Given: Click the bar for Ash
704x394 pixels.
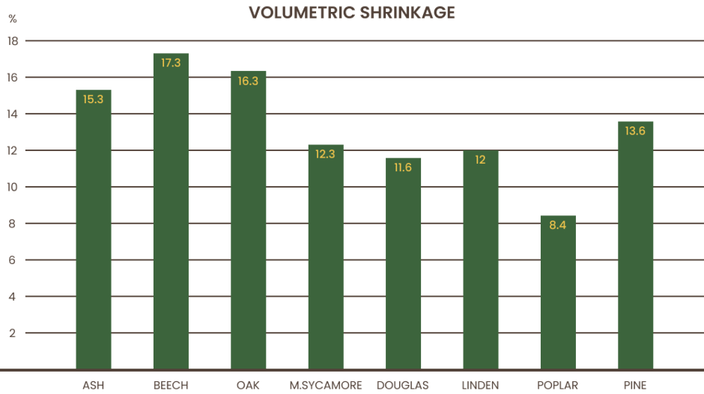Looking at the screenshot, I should coord(94,232).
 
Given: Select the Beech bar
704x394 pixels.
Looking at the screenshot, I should coord(171,217).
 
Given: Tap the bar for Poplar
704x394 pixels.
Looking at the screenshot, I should coord(558,295).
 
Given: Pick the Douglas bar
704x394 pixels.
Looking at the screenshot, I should coord(403,265).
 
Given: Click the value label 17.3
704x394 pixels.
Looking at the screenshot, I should coord(171,63).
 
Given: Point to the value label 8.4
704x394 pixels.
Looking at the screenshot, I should coord(558,224).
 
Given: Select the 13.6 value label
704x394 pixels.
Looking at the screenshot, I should coord(635,131).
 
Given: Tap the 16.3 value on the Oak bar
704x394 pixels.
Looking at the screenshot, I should coord(248,81).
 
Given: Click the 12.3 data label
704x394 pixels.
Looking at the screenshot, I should coord(326,154).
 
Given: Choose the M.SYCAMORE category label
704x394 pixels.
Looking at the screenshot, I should coord(326,385).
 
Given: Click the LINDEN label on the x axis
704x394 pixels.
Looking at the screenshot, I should coord(480,385).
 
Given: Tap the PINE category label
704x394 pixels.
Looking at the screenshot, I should coord(635,385).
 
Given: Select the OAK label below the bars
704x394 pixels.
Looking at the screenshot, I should coord(248,385).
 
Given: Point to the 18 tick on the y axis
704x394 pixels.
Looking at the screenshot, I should coord(12,41).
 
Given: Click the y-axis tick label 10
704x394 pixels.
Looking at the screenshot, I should coord(12,187).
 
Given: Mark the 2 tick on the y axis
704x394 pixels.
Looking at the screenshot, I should coord(12,333).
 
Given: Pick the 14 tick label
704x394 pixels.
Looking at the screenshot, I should coord(12,114).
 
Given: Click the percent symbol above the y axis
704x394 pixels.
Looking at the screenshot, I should coord(12,18).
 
